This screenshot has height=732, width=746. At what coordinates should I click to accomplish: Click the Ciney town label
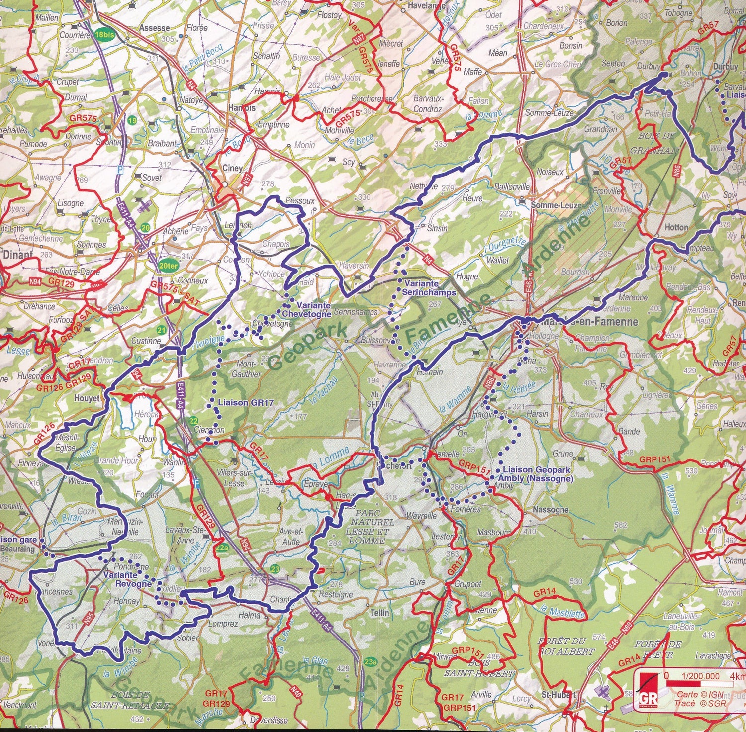click(232, 168)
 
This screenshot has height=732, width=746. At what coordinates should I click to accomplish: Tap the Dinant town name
click(18, 255)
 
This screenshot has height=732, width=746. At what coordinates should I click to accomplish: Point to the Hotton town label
click(676, 227)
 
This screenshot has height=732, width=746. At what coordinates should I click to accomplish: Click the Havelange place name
click(426, 6)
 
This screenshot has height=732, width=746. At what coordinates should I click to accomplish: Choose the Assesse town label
click(154, 28)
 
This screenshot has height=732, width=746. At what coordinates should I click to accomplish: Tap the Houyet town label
click(87, 398)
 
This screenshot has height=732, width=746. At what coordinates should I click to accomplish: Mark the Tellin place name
click(379, 613)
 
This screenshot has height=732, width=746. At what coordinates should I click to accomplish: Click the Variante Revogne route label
click(128, 579)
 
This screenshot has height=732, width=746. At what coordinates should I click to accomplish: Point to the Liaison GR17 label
click(246, 402)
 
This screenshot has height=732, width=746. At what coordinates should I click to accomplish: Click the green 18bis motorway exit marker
click(104, 35)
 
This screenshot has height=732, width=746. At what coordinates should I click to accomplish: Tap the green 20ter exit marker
click(168, 266)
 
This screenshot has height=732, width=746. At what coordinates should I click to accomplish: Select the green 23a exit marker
click(370, 661)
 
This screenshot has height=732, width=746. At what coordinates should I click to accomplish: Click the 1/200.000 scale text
click(700, 676)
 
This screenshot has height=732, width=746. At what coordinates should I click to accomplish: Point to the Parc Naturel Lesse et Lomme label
click(372, 526)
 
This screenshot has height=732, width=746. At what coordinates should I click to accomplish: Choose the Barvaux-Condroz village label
click(427, 104)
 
